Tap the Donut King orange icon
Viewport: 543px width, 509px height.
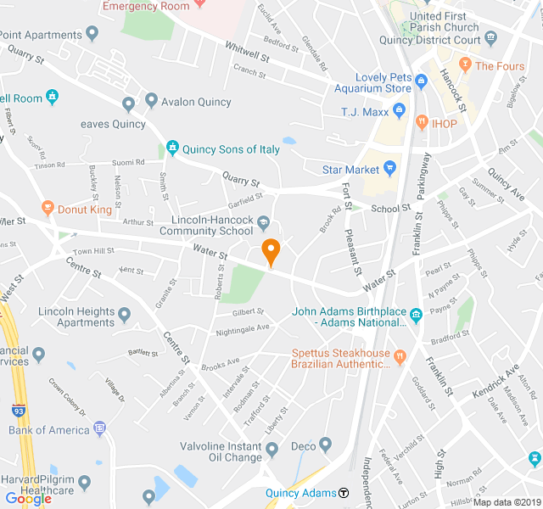pos(48,208)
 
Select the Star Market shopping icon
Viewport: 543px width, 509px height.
pos(390,170)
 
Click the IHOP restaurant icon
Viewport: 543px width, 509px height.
pos(420,124)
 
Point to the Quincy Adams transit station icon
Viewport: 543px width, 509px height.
pos(344,493)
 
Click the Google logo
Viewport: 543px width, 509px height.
pos(28,498)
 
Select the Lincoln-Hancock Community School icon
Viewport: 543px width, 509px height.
pos(263,223)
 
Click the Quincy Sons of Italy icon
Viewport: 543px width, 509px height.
pos(173,149)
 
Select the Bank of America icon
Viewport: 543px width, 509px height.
pos(99,429)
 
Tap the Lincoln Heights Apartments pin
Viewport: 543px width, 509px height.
pos(125,316)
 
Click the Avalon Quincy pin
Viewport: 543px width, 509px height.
pos(151,102)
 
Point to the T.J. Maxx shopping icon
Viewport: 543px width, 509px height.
pos(399,111)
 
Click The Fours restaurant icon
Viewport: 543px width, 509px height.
pos(464,65)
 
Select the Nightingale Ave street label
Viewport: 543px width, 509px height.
pos(242,327)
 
